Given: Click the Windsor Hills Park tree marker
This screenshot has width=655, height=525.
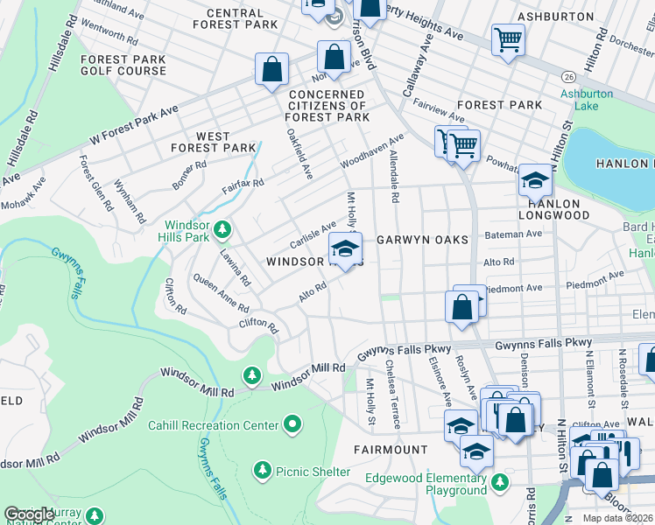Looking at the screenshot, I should click(223, 229).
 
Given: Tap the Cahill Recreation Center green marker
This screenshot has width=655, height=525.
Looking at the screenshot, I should click(292, 425).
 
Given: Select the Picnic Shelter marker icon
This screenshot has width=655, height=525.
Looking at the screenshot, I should click(262, 471).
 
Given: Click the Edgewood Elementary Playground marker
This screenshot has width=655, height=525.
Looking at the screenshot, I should click(499, 481).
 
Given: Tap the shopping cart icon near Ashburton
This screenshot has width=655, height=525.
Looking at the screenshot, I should click(507, 39).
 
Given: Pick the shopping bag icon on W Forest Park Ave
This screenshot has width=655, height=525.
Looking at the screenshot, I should click(271, 68).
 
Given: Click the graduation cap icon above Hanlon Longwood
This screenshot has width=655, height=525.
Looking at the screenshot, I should click(534, 180).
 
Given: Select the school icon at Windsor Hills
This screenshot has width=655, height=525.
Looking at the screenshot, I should click(345, 249).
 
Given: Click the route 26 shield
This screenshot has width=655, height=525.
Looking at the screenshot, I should click(569, 76).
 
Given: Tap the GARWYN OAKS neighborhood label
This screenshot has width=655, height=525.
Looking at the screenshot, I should click(422, 239).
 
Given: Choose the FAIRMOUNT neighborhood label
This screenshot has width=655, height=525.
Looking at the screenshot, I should click(391, 449).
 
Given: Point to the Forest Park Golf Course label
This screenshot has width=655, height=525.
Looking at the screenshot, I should click(123, 65).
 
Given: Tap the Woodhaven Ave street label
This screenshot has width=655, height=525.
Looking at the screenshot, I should click(372, 151).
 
